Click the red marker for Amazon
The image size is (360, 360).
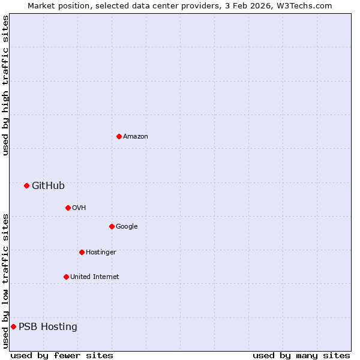click(119, 136)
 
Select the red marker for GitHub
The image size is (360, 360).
click(26, 185)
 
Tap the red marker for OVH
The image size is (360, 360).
click(68, 208)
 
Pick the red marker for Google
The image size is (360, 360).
click(112, 226)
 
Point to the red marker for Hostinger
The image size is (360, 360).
click(82, 252)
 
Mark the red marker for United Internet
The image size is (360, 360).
click(66, 277)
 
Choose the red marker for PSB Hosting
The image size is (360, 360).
click(13, 326)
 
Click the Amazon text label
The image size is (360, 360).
click(136, 137)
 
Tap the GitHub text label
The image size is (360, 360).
click(48, 186)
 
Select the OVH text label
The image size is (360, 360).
click(79, 208)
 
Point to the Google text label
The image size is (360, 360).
click(127, 227)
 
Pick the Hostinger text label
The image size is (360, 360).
click(101, 253)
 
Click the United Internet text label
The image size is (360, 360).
click(95, 277)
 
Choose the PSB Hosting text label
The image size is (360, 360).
click(48, 327)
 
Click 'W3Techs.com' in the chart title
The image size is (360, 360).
click(307, 5)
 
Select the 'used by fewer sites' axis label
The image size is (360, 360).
click(62, 355)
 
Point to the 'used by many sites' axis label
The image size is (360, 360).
click(301, 355)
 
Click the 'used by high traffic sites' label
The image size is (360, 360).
click(5, 85)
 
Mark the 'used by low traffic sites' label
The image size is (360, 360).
click(5, 281)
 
